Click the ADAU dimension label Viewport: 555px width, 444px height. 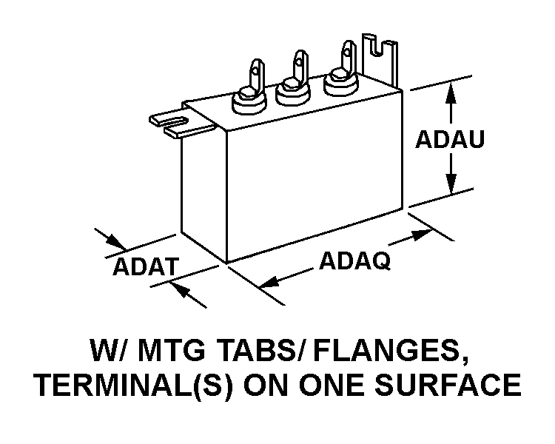(x=449, y=139)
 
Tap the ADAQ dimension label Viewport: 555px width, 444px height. (x=354, y=260)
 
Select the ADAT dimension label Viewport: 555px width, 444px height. (x=146, y=266)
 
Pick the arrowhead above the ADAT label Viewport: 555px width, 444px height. (x=116, y=242)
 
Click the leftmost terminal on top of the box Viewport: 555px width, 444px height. (x=250, y=90)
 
